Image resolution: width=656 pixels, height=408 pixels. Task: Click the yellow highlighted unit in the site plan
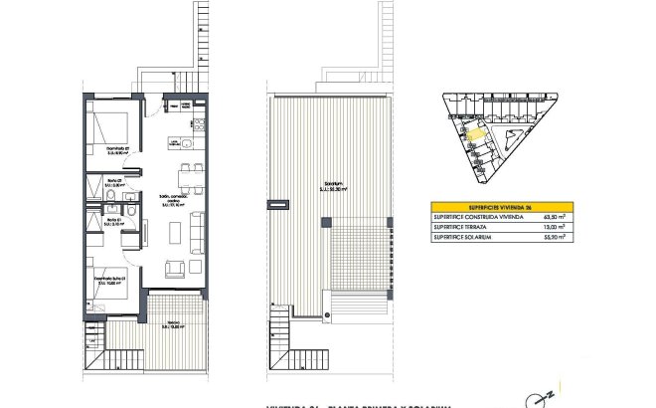click(476, 132)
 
